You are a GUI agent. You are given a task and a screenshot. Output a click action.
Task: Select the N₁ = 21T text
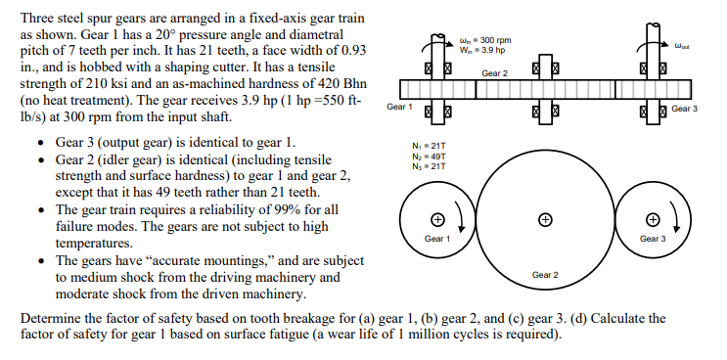(x=432, y=144)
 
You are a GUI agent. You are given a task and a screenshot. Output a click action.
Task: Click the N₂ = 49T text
(x=432, y=153)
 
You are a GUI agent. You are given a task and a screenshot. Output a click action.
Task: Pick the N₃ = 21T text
(x=432, y=161)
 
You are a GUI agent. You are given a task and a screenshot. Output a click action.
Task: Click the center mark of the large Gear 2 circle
(x=544, y=219)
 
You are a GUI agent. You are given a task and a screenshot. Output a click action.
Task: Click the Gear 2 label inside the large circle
(x=544, y=275)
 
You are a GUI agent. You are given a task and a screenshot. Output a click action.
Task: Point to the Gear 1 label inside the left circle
(x=436, y=238)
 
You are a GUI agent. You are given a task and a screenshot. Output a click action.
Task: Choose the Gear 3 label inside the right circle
(x=652, y=238)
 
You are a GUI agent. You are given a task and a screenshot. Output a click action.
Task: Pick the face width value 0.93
(x=350, y=48)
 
